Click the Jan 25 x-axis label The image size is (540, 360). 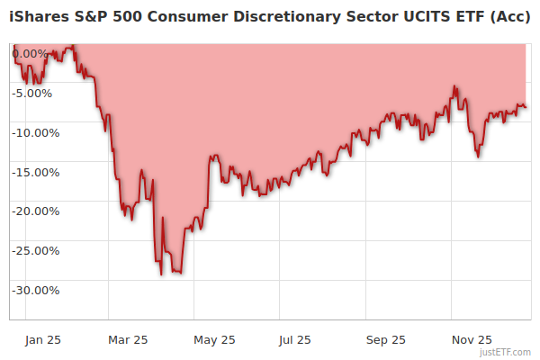coord(42,340)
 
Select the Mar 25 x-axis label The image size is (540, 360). coord(128,340)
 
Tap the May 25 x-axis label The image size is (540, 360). coord(214,340)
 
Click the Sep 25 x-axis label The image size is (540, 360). coord(386,340)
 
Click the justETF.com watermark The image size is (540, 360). coord(505,352)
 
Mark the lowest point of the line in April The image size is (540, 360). coord(161,274)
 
